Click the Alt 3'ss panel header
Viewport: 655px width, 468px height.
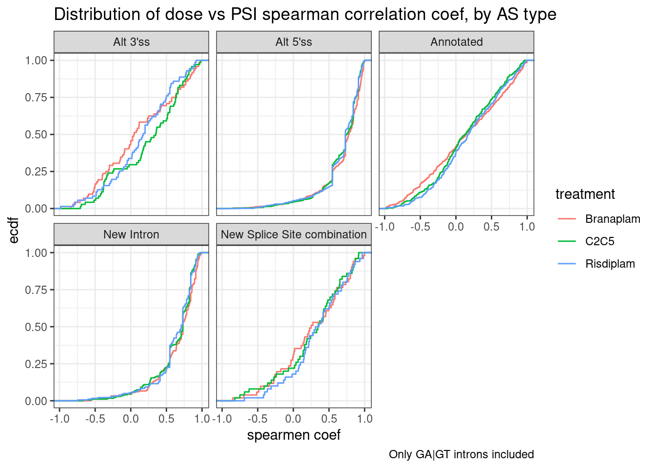(x=131, y=42)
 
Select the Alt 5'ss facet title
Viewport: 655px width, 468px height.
(x=293, y=42)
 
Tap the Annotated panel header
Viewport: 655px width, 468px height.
(x=456, y=42)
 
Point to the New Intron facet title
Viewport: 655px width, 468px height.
(x=131, y=234)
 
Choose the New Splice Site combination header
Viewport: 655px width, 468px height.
(x=293, y=234)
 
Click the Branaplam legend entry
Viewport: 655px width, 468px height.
(x=613, y=219)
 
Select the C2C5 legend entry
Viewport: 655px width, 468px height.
(x=599, y=241)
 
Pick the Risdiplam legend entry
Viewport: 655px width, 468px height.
(x=610, y=264)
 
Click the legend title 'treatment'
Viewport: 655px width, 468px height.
(x=585, y=194)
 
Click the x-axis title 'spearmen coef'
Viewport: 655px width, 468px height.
(x=293, y=435)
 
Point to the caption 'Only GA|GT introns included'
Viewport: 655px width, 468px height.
(x=461, y=454)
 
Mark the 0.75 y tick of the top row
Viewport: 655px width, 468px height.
(x=36, y=97)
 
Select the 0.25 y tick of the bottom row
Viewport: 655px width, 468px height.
(x=36, y=364)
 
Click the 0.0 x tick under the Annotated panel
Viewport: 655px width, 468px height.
(x=456, y=227)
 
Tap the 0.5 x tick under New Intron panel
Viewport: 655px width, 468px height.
(x=166, y=419)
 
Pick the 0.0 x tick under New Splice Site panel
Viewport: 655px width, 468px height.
(x=293, y=419)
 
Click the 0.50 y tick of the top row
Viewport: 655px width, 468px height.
(x=36, y=135)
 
